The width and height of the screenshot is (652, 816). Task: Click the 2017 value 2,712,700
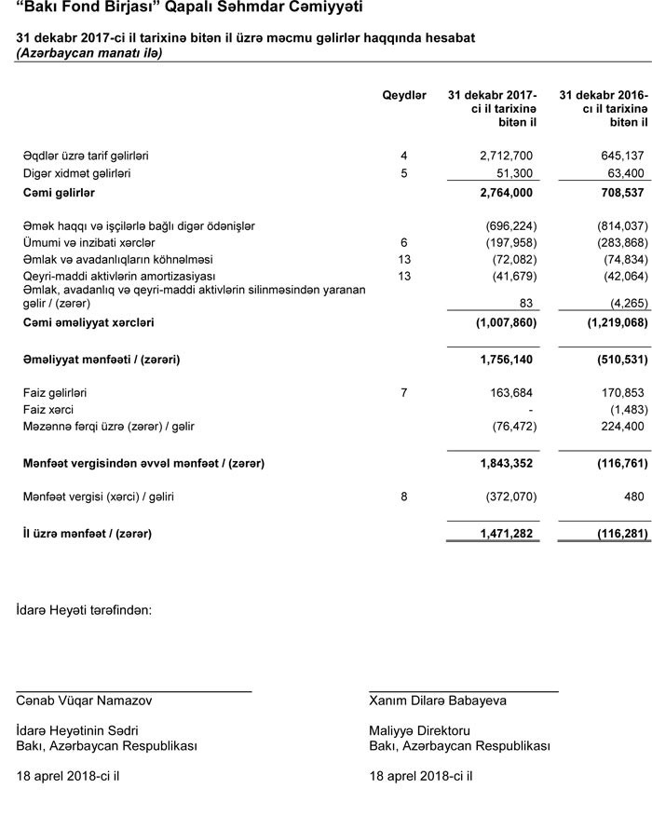(x=504, y=155)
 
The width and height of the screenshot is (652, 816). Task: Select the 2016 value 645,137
(x=617, y=155)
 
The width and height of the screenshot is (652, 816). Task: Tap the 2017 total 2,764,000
(x=504, y=193)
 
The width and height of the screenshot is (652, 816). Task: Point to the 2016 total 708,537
(x=617, y=193)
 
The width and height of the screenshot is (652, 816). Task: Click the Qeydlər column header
(x=404, y=96)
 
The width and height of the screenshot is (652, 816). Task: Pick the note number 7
(x=404, y=393)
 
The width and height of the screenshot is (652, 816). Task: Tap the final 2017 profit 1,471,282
(x=504, y=535)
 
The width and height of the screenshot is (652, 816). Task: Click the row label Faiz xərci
(x=48, y=410)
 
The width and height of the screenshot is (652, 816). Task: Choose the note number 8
(x=404, y=497)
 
